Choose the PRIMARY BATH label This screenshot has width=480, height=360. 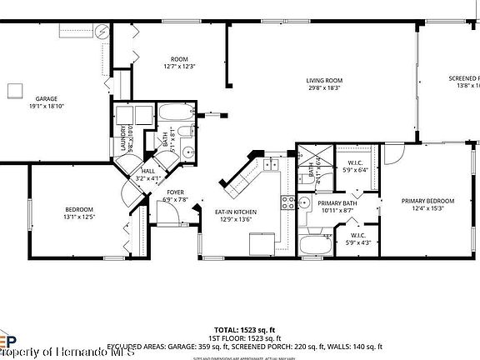(x=336, y=206)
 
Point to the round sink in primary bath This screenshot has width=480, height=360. (x=305, y=202)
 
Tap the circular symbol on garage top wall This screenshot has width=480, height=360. (x=101, y=32)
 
